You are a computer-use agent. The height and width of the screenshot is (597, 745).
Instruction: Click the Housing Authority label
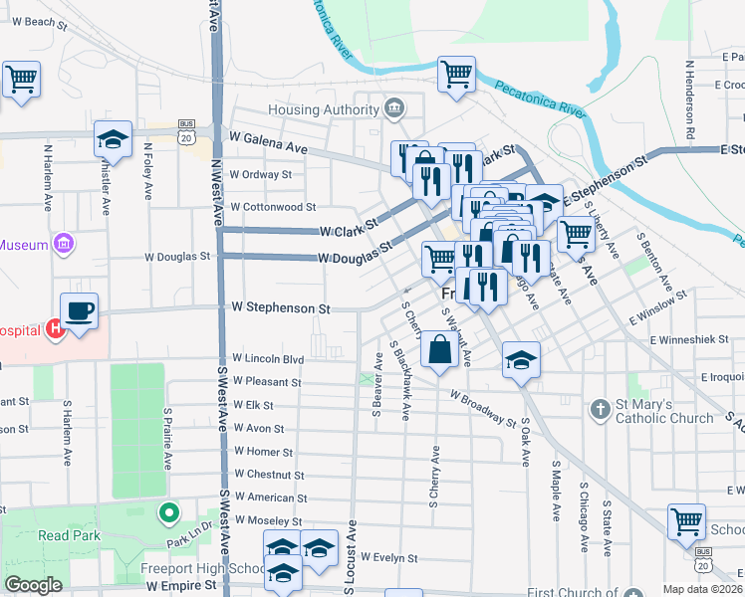coord(323,109)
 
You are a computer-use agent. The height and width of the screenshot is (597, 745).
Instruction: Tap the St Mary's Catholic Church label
coord(663,411)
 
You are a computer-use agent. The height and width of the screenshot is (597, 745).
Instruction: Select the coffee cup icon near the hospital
coord(80,311)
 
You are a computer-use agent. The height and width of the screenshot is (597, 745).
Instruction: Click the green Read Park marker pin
coord(169,513)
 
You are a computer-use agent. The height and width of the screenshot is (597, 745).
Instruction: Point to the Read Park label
coord(67,535)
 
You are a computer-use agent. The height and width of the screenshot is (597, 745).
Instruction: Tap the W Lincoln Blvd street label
coord(268,358)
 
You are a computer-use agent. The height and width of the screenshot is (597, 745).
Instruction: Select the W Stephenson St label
coord(280,309)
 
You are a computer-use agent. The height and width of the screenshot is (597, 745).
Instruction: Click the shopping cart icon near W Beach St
coord(20,79)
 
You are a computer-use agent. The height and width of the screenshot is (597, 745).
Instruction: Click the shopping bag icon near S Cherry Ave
coord(439,350)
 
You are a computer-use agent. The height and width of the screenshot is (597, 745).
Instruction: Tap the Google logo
coord(33,585)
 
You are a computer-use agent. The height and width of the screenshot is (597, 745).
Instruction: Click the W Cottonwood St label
coord(272,208)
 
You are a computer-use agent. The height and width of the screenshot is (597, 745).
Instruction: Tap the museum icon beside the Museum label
coord(64,244)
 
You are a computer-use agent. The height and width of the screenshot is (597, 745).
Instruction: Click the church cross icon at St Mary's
coord(600,409)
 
